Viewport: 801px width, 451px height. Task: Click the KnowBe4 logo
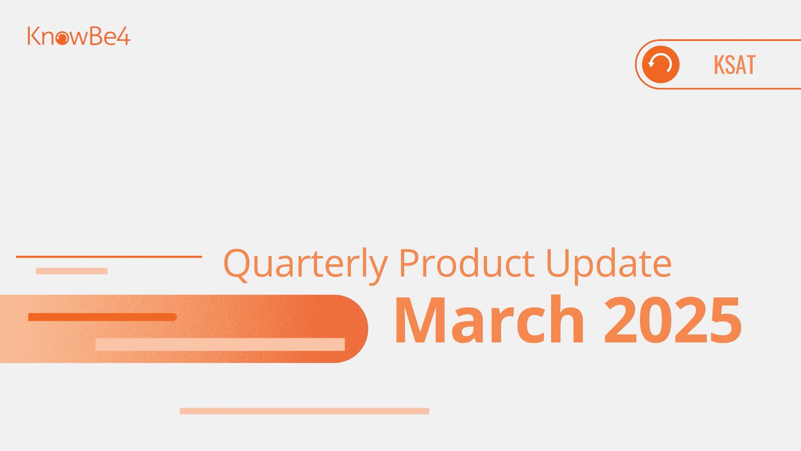(79, 36)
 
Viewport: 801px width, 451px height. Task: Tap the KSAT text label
(734, 65)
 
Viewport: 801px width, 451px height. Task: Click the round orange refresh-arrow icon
(660, 64)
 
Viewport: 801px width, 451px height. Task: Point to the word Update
(609, 266)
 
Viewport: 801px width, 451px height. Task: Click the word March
(489, 320)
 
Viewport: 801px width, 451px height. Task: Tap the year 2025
(673, 320)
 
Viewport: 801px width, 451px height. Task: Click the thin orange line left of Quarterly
(109, 257)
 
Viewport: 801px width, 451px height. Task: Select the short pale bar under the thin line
(71, 271)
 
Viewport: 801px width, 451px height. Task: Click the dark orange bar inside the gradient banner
(102, 317)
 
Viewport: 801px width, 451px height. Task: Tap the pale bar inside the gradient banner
(220, 344)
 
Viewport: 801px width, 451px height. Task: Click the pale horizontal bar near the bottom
(304, 411)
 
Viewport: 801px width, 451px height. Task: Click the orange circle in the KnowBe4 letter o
(62, 39)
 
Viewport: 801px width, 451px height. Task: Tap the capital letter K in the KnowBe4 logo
(33, 36)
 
